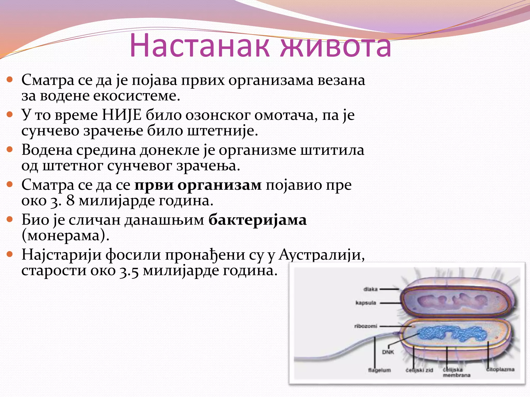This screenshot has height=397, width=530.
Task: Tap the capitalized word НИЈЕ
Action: [122, 115]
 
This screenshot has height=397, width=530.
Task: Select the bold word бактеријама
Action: [257, 220]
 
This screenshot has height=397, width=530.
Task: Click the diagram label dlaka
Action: [370, 289]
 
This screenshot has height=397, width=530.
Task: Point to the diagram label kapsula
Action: [366, 303]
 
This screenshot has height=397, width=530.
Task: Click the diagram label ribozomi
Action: [366, 326]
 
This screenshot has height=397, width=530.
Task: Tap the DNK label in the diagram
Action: [388, 352]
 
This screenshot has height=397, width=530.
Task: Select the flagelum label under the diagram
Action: [379, 370]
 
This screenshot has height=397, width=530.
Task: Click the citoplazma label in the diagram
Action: [500, 370]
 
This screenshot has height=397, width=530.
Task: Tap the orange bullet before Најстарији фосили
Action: [10, 254]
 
